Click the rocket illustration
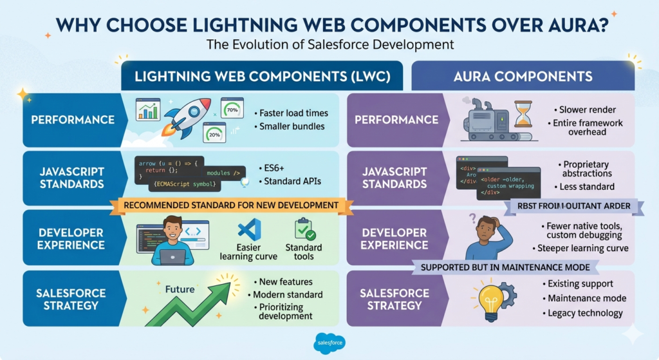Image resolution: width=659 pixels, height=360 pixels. (187, 117)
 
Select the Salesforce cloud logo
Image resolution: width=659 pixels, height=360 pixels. (329, 342)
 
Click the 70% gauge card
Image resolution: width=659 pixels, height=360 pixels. (232, 109)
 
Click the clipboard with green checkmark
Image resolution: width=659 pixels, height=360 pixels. (304, 230)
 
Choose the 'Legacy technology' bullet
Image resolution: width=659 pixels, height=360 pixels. (585, 313)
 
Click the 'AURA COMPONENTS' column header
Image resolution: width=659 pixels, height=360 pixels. (523, 77)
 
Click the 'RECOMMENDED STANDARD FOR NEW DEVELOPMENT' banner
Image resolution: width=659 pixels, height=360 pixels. (232, 205)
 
